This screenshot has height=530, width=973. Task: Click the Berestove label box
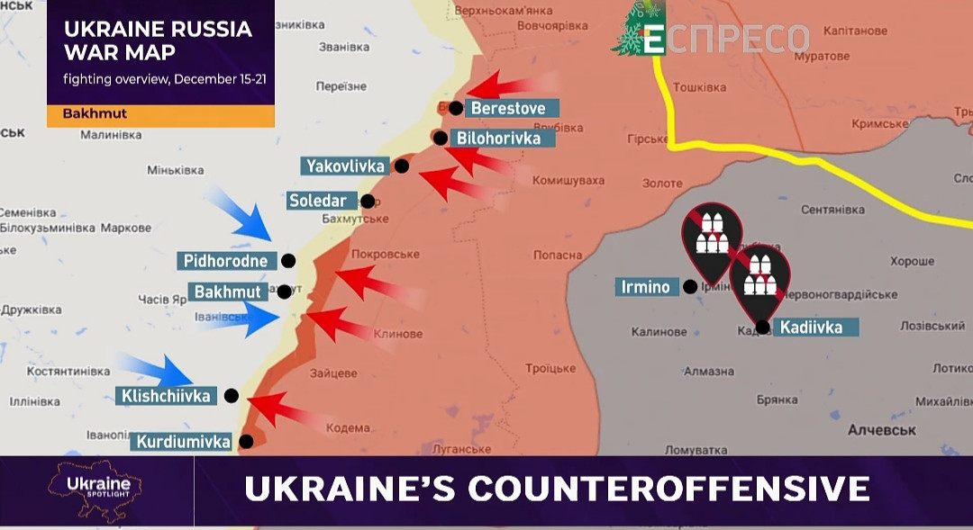tap(508, 108)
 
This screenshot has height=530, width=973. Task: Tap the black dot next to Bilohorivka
tap(440, 138)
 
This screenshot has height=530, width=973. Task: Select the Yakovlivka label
tap(346, 166)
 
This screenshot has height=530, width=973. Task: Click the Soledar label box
tap(318, 201)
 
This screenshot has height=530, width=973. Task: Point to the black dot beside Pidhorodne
tap(288, 261)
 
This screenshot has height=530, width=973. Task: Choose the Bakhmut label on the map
tap(228, 292)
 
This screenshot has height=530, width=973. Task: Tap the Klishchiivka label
tap(165, 396)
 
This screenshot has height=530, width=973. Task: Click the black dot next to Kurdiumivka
tap(246, 442)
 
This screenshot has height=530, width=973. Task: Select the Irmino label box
tap(646, 287)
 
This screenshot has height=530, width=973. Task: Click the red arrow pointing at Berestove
tap(500, 87)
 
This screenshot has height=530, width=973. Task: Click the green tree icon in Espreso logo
tap(638, 29)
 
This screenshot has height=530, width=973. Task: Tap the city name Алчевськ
tap(881, 431)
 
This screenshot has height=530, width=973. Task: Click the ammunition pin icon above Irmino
tap(712, 237)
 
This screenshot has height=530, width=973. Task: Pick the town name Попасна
tap(559, 255)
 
